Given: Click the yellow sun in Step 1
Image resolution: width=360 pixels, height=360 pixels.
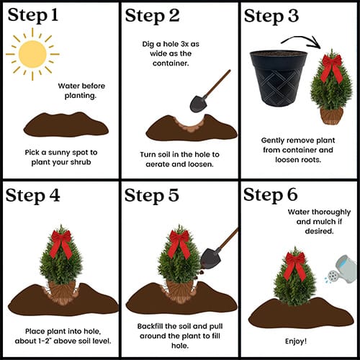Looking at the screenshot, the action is tap(32, 54).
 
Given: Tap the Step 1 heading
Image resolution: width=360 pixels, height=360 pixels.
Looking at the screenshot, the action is tap(33, 15).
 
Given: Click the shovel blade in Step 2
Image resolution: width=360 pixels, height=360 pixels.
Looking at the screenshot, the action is tap(198, 104).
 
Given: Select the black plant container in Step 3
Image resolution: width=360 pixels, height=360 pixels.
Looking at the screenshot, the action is tap(279, 78).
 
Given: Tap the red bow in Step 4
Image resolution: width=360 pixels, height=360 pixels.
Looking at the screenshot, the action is tap(61, 243).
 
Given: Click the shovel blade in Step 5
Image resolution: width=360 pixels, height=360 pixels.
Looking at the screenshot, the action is tap(210, 258).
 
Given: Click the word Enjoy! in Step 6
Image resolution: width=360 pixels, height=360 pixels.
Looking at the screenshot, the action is tap(296, 341).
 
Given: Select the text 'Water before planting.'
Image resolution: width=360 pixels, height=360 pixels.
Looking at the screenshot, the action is tap(81, 91).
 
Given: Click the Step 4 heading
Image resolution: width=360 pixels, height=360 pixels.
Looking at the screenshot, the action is tap(32, 195).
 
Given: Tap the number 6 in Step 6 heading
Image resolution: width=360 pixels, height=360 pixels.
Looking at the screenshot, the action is tap(292, 194).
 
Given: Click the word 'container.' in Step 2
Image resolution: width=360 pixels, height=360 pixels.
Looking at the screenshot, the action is tap(171, 63).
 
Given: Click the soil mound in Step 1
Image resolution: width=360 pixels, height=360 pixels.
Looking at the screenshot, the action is tap(66, 125).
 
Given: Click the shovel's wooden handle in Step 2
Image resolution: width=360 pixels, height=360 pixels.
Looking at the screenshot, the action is tap(217, 83).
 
